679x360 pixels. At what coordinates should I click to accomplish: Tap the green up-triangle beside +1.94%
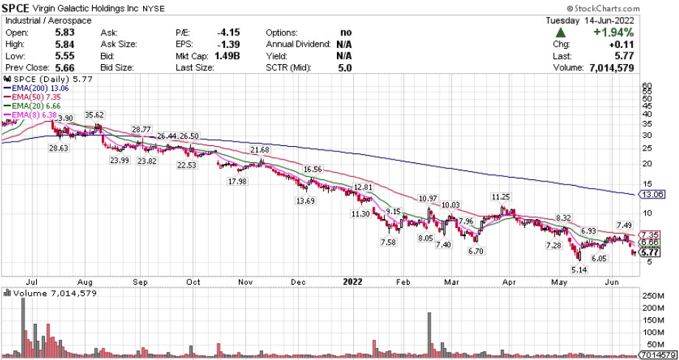pos(561,33)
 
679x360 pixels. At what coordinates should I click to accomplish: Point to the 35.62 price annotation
pos(94,115)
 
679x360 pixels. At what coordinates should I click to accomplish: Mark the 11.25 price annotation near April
pos(501,197)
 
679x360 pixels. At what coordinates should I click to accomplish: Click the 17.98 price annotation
pos(237,181)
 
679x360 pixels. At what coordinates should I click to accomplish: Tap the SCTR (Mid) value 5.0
pos(344,67)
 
